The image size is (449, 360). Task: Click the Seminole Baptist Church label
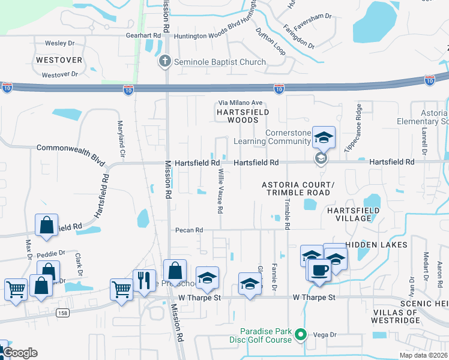[219, 62]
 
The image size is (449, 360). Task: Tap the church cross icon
[164, 62]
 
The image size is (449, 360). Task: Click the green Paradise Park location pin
[302, 335]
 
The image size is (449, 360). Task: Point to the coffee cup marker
[320, 269]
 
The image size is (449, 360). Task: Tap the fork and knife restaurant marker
[144, 280]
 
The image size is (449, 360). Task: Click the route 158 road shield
[62, 313]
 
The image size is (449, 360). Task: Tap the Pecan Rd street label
[189, 230]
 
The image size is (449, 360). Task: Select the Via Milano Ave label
[240, 103]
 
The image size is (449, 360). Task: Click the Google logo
[20, 353]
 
